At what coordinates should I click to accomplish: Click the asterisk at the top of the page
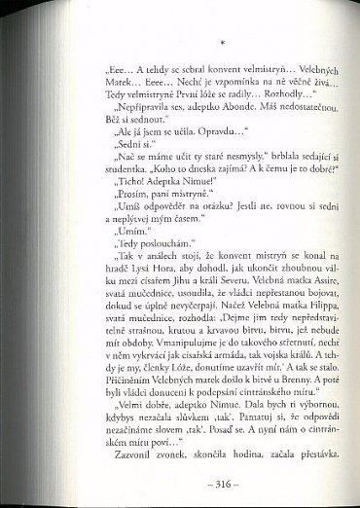point(223,43)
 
